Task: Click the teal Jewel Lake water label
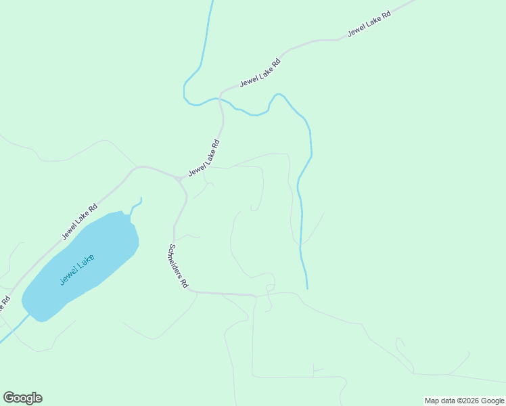click(76, 269)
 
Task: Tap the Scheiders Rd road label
click(178, 266)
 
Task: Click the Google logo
click(22, 398)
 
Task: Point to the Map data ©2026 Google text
click(464, 401)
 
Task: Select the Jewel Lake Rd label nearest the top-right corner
click(369, 24)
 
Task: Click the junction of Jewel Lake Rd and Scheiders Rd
click(180, 180)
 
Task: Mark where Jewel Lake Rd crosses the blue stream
click(219, 99)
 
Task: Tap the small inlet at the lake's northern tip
click(140, 200)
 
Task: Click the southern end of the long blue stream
click(307, 288)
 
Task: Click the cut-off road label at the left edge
click(5, 302)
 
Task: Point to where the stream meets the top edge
click(212, 2)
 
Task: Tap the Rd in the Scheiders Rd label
click(183, 284)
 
